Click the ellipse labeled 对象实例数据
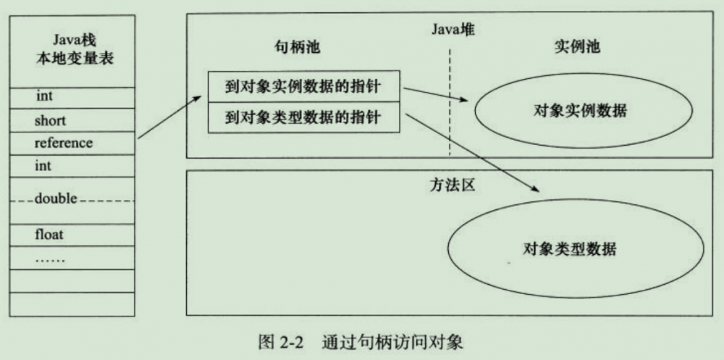(580, 111)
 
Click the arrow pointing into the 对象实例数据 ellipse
(434, 96)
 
